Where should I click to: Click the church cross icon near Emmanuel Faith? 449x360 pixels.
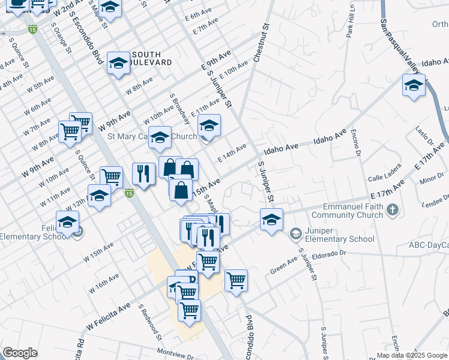coord(393,209)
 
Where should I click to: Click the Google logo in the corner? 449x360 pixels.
coord(20,353)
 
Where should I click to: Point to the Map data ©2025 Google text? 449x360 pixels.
coord(412,355)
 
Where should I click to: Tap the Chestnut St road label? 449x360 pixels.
coord(259,41)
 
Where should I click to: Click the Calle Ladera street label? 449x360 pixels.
coord(384,177)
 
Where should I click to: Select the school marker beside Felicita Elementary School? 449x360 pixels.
coord(67,222)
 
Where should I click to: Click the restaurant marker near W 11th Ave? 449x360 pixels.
coord(143,175)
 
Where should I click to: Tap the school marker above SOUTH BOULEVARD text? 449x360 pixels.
coord(119,63)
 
